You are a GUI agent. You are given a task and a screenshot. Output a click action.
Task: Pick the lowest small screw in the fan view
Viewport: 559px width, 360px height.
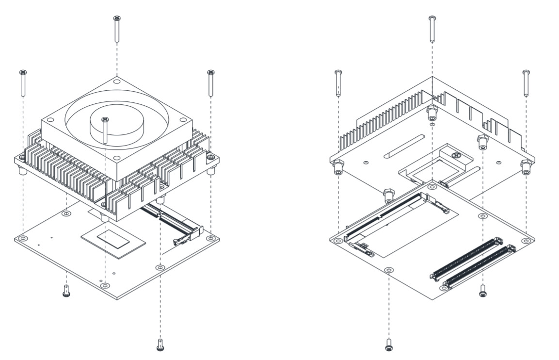160,345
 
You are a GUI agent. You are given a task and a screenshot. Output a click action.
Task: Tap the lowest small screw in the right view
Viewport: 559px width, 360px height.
388,345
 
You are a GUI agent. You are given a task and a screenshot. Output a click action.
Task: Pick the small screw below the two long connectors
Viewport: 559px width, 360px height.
482,292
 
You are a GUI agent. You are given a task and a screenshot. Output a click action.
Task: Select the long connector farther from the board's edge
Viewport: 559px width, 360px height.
466,258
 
